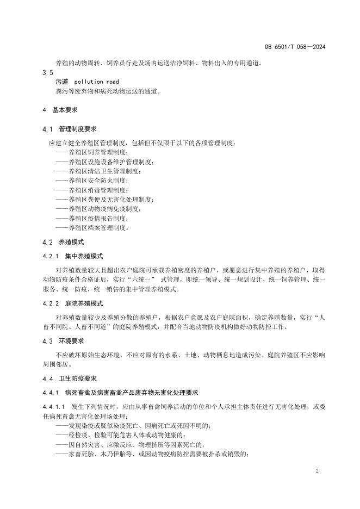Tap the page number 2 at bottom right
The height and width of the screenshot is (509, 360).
pos(316,471)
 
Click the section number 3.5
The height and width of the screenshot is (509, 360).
pos(47,72)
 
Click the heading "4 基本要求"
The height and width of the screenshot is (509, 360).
pos(59,110)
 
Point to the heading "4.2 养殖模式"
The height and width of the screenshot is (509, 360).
pos(63,241)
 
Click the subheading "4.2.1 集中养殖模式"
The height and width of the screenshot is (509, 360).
pos(72,256)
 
